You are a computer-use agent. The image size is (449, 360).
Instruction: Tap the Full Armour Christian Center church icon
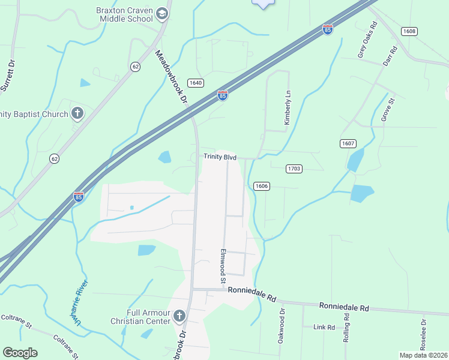pos(178,316)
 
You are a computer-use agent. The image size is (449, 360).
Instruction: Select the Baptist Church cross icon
pos(77,112)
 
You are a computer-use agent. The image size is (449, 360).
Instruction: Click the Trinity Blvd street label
pos(220,157)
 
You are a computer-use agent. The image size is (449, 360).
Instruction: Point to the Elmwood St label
pos(223,266)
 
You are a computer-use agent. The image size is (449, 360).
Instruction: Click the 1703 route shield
pos(294,169)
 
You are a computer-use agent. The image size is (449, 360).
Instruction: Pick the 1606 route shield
pos(261,186)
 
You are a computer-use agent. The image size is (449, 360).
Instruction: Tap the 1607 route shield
pos(348,143)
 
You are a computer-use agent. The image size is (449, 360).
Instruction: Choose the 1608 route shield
pos(409,31)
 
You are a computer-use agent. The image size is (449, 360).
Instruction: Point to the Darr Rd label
pos(390,58)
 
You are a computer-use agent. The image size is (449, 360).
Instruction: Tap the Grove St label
pos(387,108)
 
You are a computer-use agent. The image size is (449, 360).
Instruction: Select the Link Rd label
pos(324,327)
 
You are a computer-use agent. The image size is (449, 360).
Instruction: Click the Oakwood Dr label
pos(281,326)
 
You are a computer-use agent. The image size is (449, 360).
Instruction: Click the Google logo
pos(20,353)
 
